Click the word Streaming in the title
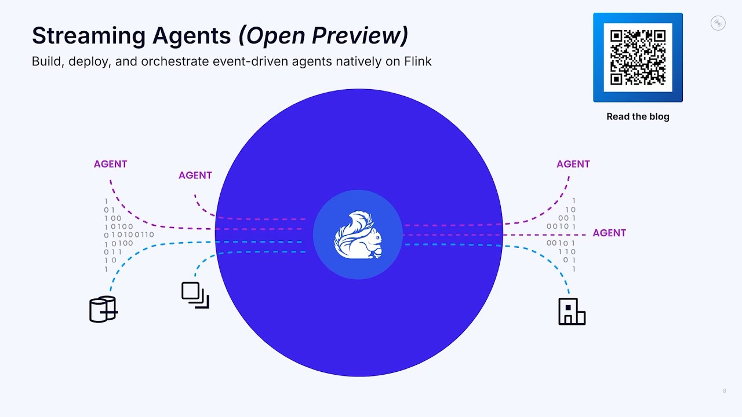pyautogui.click(x=89, y=36)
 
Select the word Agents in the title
pyautogui.click(x=191, y=36)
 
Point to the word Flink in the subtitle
pyautogui.click(x=417, y=61)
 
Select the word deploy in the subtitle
pyautogui.click(x=89, y=62)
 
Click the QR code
pyautogui.click(x=638, y=57)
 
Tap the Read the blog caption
pyautogui.click(x=638, y=116)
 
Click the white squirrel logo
pyautogui.click(x=358, y=235)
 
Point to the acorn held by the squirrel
pyautogui.click(x=377, y=252)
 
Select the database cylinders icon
pyautogui.click(x=103, y=309)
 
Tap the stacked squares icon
pyautogui.click(x=195, y=295)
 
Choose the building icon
pyautogui.click(x=572, y=312)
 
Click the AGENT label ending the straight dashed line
pyautogui.click(x=609, y=233)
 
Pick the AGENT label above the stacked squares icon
pyautogui.click(x=195, y=175)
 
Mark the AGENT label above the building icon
pyautogui.click(x=573, y=164)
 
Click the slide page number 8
pyautogui.click(x=725, y=391)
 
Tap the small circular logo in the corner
pyautogui.click(x=718, y=23)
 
